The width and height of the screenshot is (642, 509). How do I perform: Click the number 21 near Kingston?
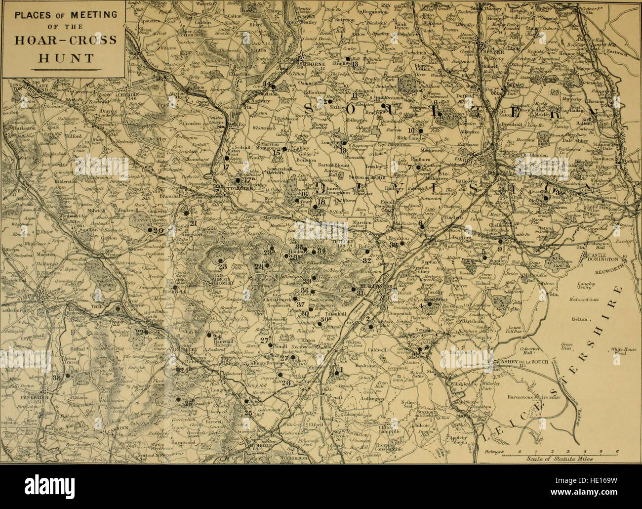[x=193, y=224]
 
